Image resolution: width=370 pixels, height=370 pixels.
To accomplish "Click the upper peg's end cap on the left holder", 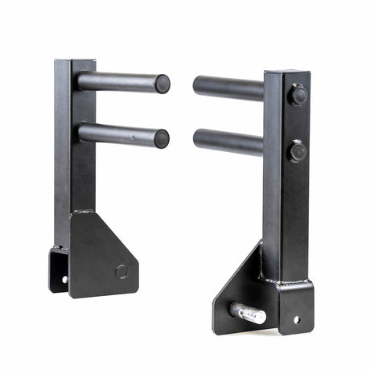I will tap(162, 83).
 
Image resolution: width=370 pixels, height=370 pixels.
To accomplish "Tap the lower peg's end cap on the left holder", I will tap(161, 138).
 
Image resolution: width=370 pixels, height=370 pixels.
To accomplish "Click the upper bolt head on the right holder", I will tap(298, 95).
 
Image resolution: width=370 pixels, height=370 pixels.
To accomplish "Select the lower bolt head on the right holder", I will tap(297, 151).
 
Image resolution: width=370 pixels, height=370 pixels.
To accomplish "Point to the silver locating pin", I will tap(247, 313).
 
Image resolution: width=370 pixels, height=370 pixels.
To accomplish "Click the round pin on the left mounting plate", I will tap(121, 272).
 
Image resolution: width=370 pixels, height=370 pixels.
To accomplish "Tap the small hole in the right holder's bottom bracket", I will tap(296, 319).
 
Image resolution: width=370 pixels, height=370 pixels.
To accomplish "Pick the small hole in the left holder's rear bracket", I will tap(65, 279).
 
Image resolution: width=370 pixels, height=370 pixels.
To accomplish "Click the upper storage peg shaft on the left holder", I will tap(121, 82).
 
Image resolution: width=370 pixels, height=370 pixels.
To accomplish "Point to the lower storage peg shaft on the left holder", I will tap(121, 134).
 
